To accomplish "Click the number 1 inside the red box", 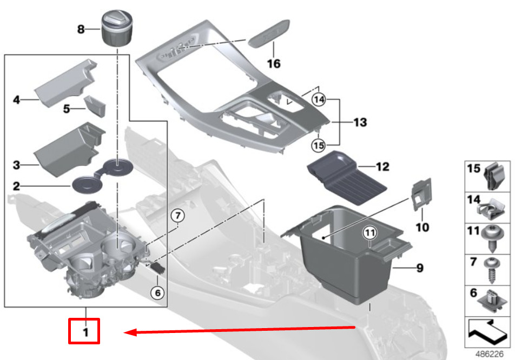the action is tap(85, 332).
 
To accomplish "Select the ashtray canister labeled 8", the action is tap(117, 28).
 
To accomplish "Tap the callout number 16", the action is tap(274, 63).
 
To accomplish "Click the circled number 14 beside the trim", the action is tap(319, 99).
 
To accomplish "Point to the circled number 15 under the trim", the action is tap(318, 145).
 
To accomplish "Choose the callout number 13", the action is tap(360, 122).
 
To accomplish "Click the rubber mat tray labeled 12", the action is tap(347, 177).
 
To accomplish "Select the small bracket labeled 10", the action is tap(421, 194).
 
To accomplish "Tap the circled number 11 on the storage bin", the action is tap(370, 232).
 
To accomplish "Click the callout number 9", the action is tap(420, 268).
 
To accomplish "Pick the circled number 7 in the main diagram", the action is tap(177, 216).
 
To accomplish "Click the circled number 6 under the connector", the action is tap(157, 292).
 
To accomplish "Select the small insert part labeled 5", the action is tap(95, 106).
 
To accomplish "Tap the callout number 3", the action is tap(16, 165).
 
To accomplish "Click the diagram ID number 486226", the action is tap(489, 355).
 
